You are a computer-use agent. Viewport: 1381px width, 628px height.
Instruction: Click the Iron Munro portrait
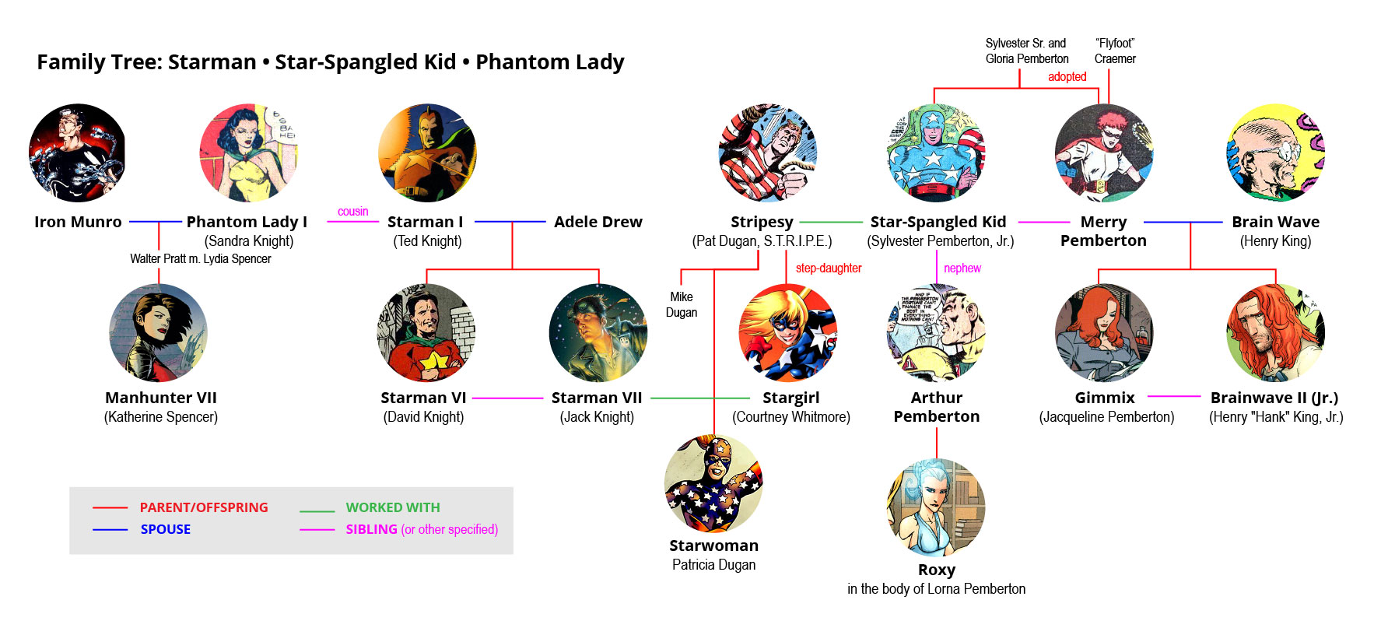pos(77,153)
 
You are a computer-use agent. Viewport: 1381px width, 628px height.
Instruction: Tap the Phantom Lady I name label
pos(247,222)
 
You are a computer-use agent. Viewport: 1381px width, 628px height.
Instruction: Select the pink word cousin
pos(353,212)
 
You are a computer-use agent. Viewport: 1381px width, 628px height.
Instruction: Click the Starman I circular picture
pos(427,153)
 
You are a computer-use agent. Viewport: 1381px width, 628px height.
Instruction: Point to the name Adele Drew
pos(598,222)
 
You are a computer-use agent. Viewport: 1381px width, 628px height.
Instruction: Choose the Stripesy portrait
pos(768,153)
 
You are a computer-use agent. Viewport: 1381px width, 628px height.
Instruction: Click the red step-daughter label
pos(829,268)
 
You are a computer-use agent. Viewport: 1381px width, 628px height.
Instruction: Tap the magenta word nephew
pos(962,268)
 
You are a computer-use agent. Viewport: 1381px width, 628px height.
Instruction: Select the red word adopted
pos(1067,76)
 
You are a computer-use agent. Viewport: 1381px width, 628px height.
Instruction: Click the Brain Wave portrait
pos(1275,153)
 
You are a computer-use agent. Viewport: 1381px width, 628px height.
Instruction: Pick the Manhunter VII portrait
pos(159,332)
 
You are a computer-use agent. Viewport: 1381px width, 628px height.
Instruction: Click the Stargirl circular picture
pos(787,332)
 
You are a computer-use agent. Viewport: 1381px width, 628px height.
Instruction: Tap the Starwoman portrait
pos(713,483)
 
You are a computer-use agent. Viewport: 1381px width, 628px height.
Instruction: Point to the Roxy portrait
pos(936,507)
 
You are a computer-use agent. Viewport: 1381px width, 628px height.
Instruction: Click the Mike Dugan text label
pos(682,304)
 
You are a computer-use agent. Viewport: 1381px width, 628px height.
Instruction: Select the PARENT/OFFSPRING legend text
pos(204,507)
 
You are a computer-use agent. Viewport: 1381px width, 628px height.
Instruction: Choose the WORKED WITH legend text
pos(393,507)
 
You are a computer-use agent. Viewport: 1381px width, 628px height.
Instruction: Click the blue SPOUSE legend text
pos(166,529)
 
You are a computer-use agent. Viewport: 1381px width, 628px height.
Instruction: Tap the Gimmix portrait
pos(1104,332)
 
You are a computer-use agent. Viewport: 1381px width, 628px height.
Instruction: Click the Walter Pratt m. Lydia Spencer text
pos(201,258)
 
